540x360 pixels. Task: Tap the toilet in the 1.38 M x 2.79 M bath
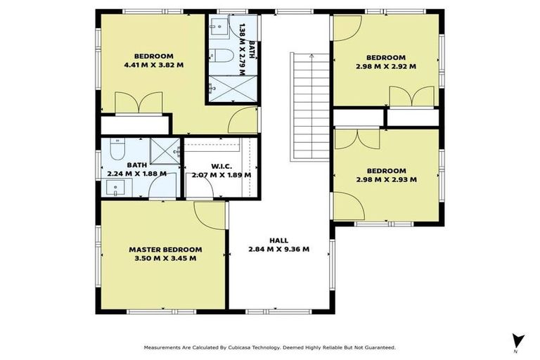[x=219, y=56]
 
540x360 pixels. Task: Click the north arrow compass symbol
[x=518, y=339]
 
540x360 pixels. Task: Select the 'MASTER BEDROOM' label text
[x=165, y=249]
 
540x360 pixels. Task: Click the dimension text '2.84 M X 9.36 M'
[x=278, y=249]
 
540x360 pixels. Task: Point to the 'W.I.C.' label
[x=218, y=166]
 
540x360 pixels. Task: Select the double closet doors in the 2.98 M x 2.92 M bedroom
[x=411, y=97]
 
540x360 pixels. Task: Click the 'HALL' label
[x=278, y=240]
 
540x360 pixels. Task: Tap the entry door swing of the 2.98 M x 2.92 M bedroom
[x=347, y=27]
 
